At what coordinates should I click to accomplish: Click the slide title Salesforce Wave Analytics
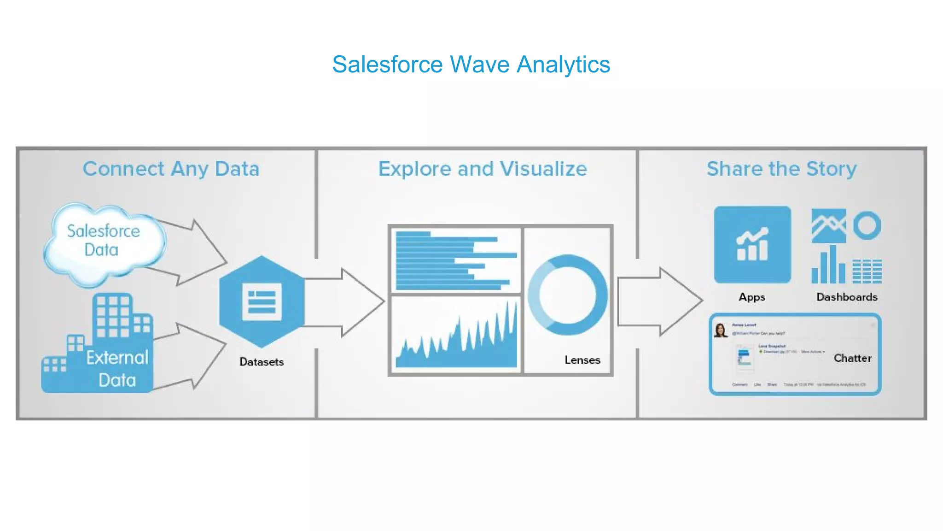(471, 65)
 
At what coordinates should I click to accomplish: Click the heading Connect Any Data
(171, 169)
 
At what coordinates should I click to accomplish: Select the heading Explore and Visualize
(483, 169)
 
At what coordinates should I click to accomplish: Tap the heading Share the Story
(781, 169)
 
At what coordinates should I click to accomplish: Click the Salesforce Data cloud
(104, 242)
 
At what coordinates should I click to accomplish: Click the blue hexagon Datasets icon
(262, 301)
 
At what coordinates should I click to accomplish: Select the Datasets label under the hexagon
(261, 362)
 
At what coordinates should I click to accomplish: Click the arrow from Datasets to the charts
(350, 302)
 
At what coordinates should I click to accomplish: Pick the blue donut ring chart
(568, 295)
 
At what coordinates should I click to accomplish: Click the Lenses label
(582, 360)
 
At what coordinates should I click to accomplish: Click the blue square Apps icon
(752, 245)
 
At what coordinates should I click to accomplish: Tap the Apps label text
(752, 297)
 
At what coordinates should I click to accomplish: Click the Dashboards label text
(847, 297)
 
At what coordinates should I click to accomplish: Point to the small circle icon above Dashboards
(867, 225)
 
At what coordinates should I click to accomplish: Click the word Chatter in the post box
(852, 358)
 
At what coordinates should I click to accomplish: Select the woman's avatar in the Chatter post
(720, 330)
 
